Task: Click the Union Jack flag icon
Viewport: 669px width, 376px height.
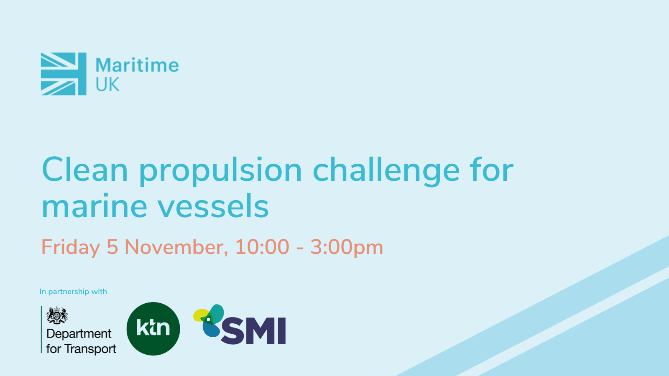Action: pos(64,74)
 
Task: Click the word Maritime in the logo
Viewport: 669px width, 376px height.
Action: pos(137,65)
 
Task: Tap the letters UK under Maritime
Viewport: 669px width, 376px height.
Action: pos(107,84)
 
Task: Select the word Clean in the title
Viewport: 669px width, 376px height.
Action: pos(85,170)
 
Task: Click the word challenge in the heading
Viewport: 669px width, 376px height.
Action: pos(386,171)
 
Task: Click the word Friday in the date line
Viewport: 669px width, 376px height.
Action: pos(71,247)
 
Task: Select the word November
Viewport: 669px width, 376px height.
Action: pos(176,247)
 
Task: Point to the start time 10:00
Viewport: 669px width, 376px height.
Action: pos(262,247)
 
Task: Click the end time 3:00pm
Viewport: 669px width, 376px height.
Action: pos(347,247)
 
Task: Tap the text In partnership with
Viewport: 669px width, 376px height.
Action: pos(73,292)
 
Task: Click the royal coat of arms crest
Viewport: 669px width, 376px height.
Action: pos(57,315)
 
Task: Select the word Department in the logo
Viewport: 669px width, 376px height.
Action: pos(79,334)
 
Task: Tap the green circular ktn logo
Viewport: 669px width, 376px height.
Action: pos(153,328)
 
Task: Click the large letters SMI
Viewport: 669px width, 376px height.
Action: pos(253,330)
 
